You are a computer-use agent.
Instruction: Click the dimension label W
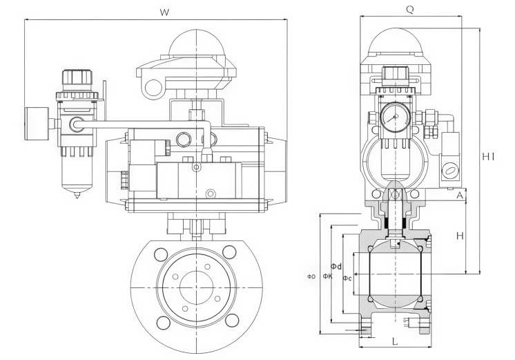coord(164,13)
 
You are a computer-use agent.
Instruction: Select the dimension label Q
coord(409,10)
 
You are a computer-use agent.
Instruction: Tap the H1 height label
coord(488,157)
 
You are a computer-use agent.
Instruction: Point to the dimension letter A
coord(460,196)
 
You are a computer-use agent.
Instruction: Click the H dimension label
coord(460,236)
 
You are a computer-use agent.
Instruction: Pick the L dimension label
coord(395,341)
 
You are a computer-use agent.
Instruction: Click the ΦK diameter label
coord(327,276)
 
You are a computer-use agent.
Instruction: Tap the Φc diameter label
coord(347,278)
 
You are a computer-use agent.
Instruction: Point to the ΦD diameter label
coord(311,277)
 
